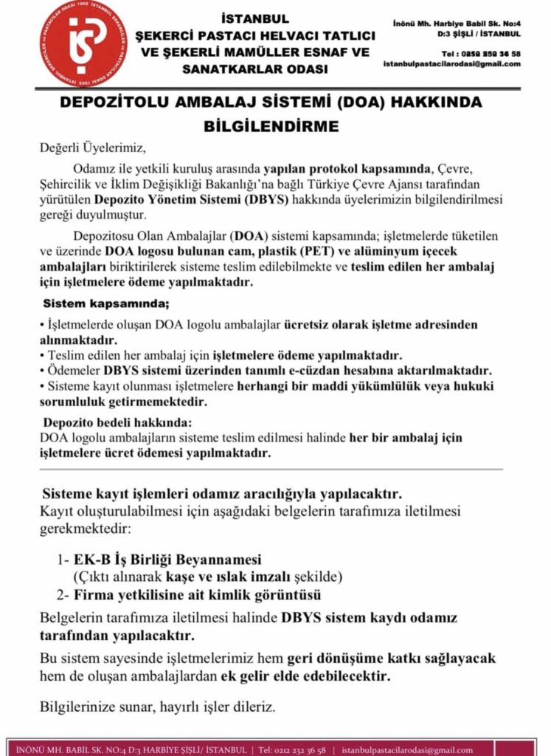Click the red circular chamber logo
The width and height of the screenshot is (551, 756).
(x=83, y=42)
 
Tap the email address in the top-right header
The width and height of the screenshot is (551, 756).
(x=451, y=64)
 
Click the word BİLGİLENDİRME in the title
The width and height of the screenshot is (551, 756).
(x=271, y=126)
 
